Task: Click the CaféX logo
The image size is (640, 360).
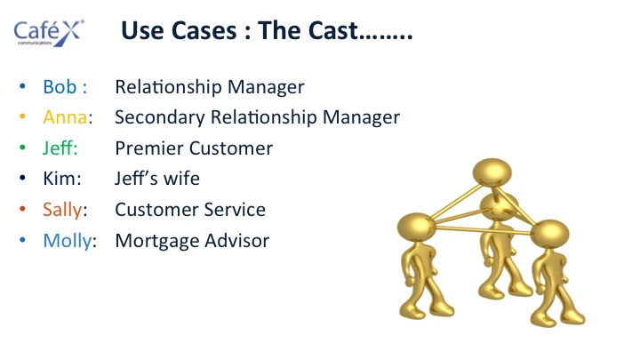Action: pos(49,33)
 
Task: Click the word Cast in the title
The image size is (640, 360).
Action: pos(333,30)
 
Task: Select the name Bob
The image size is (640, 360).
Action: pos(60,86)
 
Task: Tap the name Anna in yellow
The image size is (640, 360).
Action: pos(65,117)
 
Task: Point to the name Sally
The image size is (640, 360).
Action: pos(62,210)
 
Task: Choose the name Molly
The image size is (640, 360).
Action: pos(68,241)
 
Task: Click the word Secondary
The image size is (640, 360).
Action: pos(160,117)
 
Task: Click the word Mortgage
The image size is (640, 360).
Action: pos(156,241)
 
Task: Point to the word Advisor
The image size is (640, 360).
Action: pos(236,240)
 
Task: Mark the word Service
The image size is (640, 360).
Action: pos(235,210)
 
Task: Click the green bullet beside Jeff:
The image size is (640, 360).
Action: pos(22,148)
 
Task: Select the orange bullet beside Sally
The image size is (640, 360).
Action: pos(22,209)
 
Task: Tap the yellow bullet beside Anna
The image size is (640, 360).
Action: pos(22,116)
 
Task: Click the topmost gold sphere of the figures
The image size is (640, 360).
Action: pos(492,172)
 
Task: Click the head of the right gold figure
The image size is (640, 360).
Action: pos(549,235)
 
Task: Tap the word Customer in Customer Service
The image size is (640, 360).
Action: pos(156,210)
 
